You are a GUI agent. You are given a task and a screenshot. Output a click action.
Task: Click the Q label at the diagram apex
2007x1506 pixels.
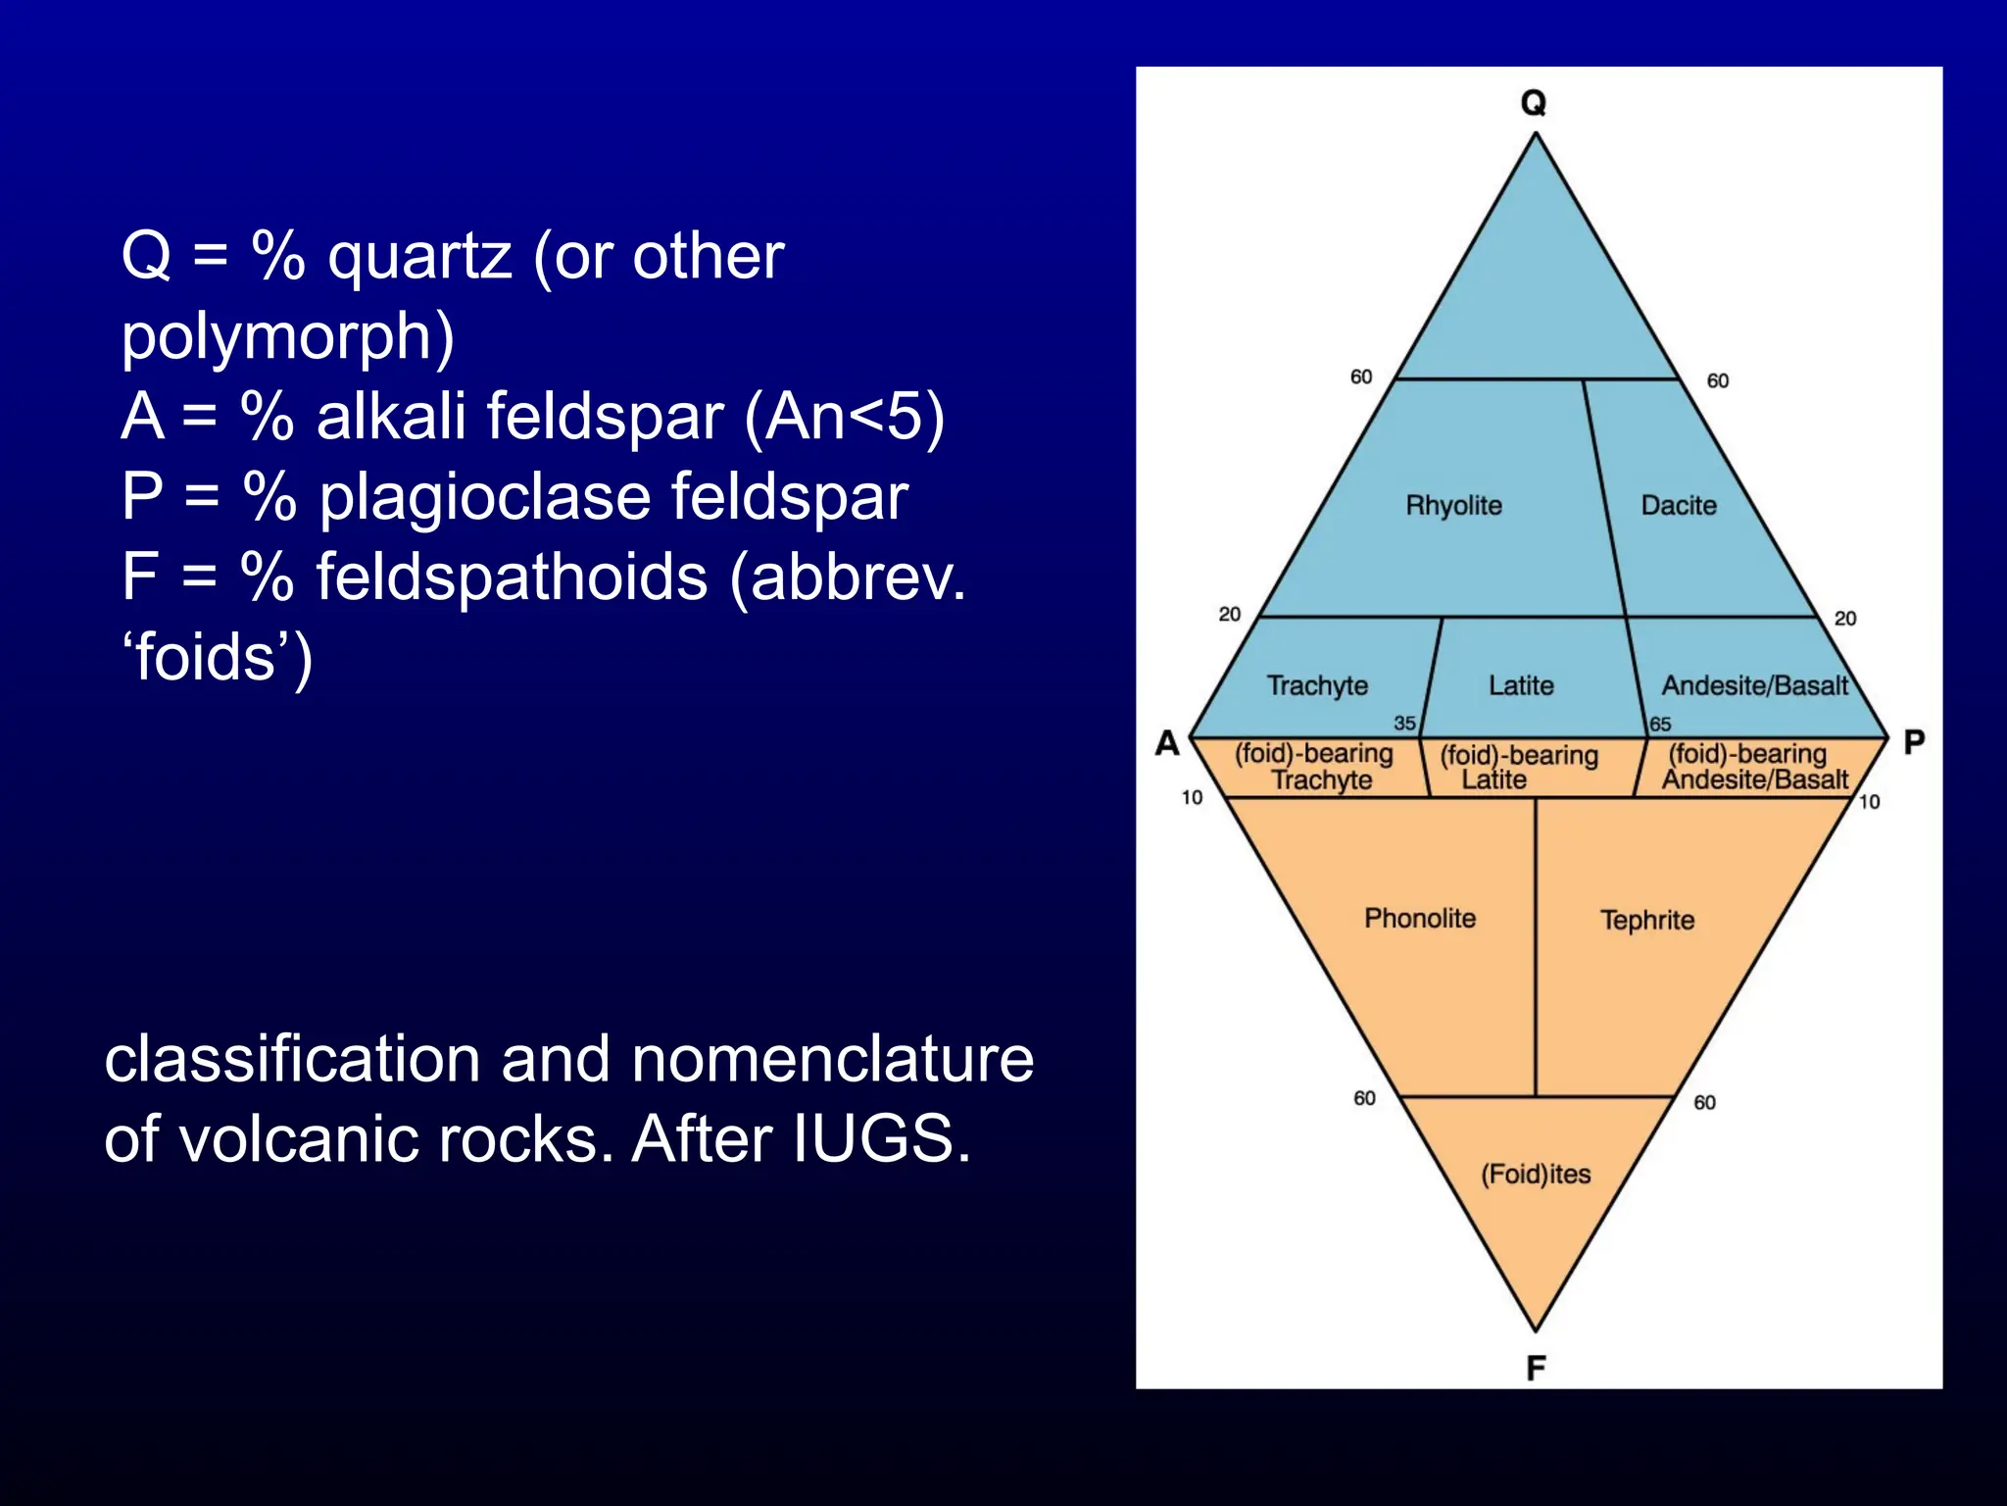point(1534,102)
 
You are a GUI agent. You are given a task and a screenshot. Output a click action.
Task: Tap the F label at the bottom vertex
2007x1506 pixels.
point(1536,1368)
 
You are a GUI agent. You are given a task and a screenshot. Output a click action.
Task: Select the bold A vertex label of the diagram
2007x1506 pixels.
point(1167,742)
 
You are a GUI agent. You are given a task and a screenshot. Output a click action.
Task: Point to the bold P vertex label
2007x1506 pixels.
point(1913,742)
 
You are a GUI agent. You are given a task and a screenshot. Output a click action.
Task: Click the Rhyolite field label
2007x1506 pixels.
point(1453,506)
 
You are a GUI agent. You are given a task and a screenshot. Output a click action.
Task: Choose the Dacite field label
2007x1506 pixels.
point(1679,506)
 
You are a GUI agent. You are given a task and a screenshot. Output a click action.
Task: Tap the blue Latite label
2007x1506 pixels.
point(1521,685)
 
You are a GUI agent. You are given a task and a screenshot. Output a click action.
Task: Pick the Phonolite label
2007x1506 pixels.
point(1420,919)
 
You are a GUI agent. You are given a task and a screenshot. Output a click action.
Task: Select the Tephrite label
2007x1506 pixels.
point(1647,921)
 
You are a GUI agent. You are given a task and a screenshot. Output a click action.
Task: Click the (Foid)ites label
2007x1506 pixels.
point(1536,1174)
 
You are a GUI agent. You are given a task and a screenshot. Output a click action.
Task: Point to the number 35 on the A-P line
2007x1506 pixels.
point(1404,724)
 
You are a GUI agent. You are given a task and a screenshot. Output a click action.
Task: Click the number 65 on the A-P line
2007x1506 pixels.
point(1660,725)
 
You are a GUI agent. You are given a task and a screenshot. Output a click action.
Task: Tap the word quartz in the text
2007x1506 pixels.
point(419,258)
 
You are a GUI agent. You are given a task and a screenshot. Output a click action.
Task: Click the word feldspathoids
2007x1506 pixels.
point(512,577)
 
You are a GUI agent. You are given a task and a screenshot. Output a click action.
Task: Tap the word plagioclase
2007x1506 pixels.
point(484,497)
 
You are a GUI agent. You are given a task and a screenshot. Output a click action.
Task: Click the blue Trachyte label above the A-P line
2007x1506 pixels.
point(1317,685)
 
